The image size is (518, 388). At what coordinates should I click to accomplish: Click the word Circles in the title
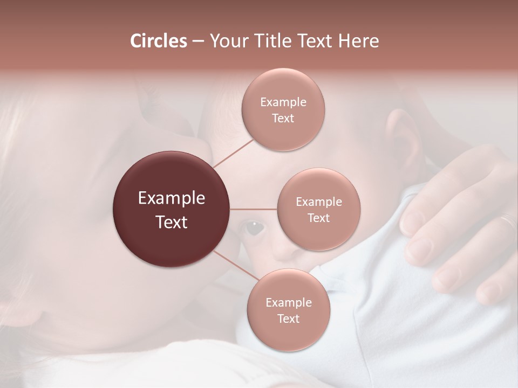(158, 41)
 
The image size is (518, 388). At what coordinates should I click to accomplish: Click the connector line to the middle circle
(254, 209)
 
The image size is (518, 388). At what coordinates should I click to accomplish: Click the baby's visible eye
(251, 227)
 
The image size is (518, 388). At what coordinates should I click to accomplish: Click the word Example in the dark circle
(172, 198)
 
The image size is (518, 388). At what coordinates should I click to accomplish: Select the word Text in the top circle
(283, 119)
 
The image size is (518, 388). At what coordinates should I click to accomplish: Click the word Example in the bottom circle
(288, 302)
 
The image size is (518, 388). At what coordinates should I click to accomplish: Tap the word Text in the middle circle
(318, 218)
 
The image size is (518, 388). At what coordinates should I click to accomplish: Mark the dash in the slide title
(197, 41)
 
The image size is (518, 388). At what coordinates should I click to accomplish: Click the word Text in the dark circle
(172, 222)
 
